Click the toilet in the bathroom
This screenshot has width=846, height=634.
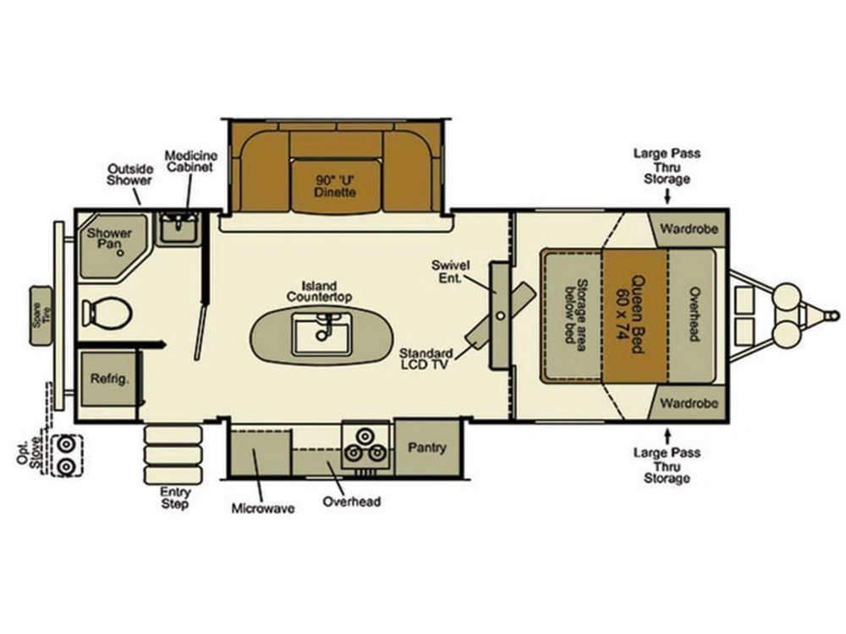pos(107,313)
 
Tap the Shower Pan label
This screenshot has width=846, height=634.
pos(109,238)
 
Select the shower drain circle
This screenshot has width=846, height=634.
pos(121,252)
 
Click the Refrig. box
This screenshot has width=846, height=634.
pos(109,379)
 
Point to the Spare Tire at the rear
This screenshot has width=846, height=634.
pos(41,316)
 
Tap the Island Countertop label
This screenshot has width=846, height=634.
pos(320,291)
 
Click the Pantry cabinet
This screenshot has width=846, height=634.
pos(427,447)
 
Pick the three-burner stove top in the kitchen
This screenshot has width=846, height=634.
pos(365,445)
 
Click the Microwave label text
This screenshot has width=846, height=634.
pos(263,508)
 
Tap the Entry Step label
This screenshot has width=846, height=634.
pos(175,498)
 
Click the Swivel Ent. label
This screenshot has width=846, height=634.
pos(451,271)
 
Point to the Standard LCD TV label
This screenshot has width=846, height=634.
pos(426,359)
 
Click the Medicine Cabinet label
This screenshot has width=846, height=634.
pos(191,161)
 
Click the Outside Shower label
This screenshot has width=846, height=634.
pos(129,175)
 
